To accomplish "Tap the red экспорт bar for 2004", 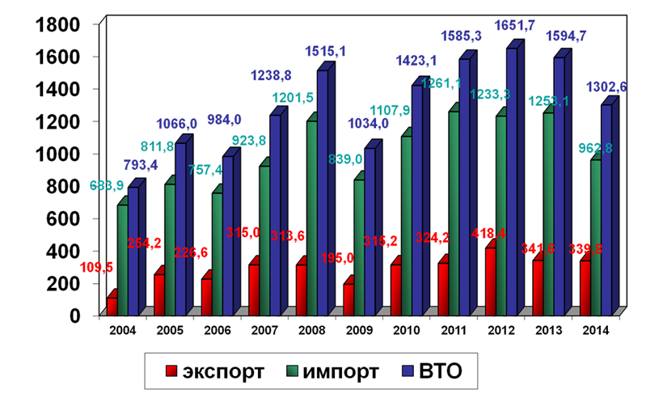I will (x=112, y=306).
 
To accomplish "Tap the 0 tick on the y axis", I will (x=74, y=315).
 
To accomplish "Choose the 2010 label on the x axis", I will (x=405, y=330).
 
